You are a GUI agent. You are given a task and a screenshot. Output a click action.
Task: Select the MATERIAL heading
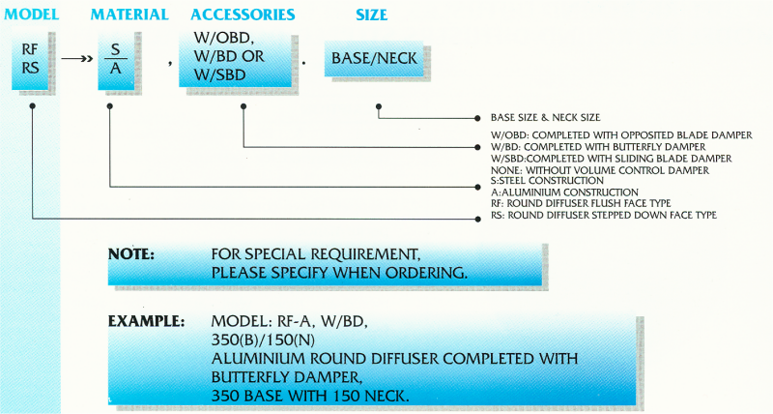129,15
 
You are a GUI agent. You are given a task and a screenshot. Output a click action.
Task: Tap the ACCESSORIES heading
243,15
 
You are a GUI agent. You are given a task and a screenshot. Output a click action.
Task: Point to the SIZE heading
371,15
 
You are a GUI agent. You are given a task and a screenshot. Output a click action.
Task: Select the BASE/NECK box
374,59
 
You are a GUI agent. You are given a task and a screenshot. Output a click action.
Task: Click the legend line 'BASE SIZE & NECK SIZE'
546,117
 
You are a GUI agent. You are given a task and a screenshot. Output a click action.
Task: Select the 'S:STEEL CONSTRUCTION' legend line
547,180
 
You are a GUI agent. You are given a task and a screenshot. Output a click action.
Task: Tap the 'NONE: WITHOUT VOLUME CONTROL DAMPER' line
600,169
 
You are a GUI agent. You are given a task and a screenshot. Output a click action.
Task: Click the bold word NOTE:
131,253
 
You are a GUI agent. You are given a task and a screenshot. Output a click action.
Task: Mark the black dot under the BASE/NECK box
378,96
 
